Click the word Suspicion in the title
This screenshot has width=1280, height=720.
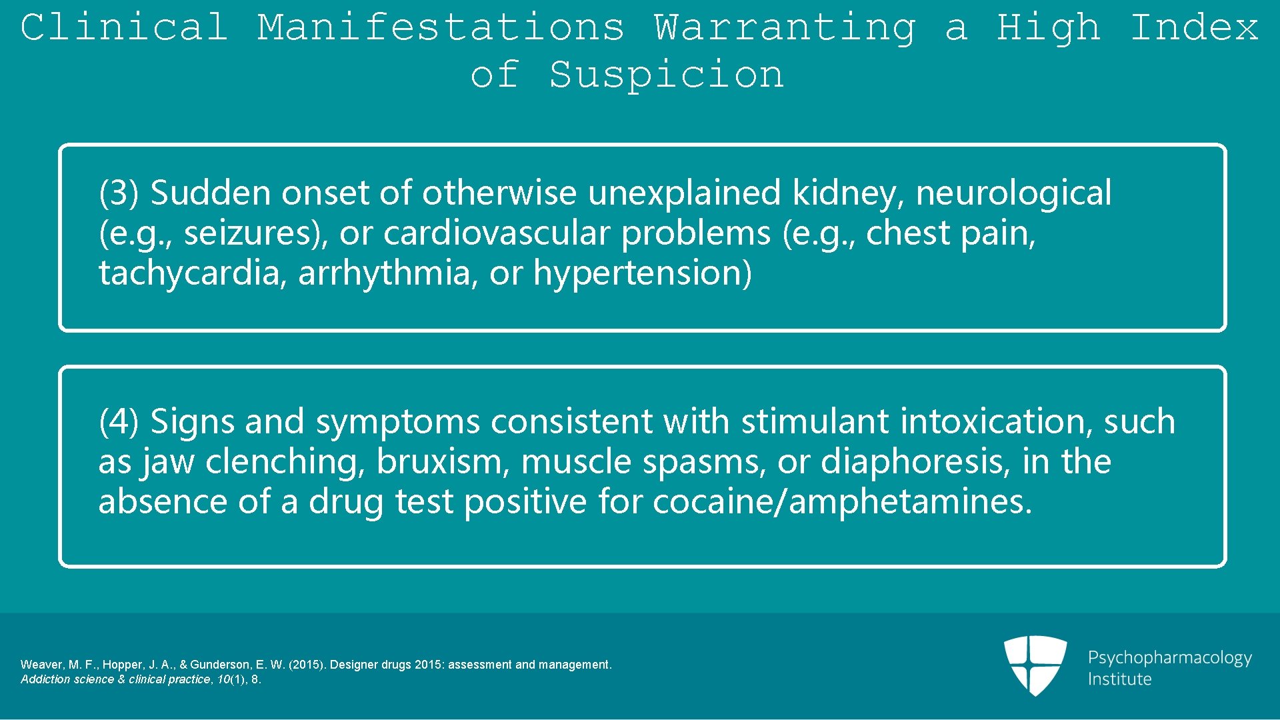pos(666,74)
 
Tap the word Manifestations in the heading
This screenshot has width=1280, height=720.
pos(441,27)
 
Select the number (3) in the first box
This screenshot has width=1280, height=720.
pos(119,193)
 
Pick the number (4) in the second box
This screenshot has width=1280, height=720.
pos(119,422)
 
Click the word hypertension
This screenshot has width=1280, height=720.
pos(642,273)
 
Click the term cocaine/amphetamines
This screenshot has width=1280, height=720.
pos(841,502)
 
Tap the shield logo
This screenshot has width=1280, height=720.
pos(1035,665)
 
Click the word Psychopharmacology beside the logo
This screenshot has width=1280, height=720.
pos(1169,658)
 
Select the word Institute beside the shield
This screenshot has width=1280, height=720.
pos(1119,679)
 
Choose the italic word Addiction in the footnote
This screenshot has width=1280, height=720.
pos(43,679)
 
